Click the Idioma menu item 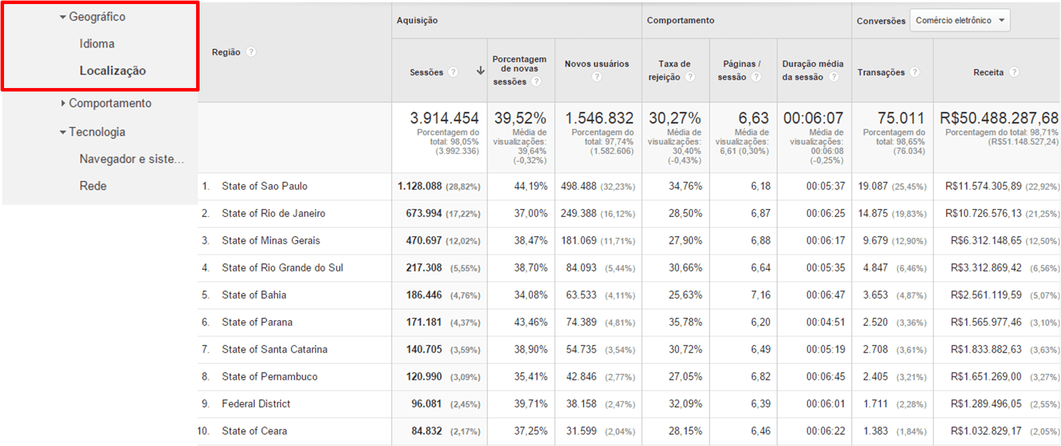97,44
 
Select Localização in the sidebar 113,71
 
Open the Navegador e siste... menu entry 132,159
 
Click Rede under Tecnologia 93,186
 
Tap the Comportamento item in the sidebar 110,104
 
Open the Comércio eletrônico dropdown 959,21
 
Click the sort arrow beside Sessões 480,71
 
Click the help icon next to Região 251,52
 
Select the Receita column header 988,73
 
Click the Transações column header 880,73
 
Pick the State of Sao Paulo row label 265,186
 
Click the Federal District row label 256,404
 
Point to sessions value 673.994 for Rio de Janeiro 424,214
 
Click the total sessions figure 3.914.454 444,119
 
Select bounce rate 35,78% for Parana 685,322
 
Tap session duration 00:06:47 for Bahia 825,295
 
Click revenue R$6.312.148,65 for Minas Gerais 986,241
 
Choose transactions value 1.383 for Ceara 875,431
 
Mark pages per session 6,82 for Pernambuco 760,377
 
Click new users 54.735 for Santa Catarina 581,349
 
